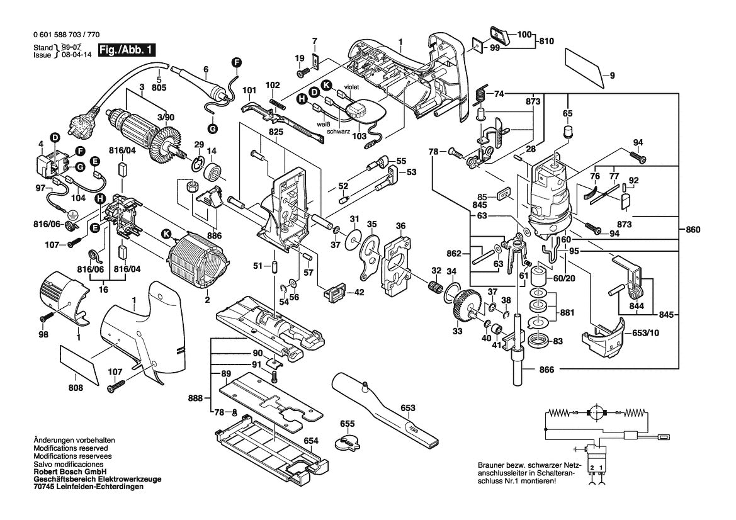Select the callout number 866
click(x=546, y=370)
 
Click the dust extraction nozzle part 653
click(x=385, y=409)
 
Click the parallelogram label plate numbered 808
click(x=79, y=363)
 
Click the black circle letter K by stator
click(x=166, y=234)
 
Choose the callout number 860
click(x=693, y=230)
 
